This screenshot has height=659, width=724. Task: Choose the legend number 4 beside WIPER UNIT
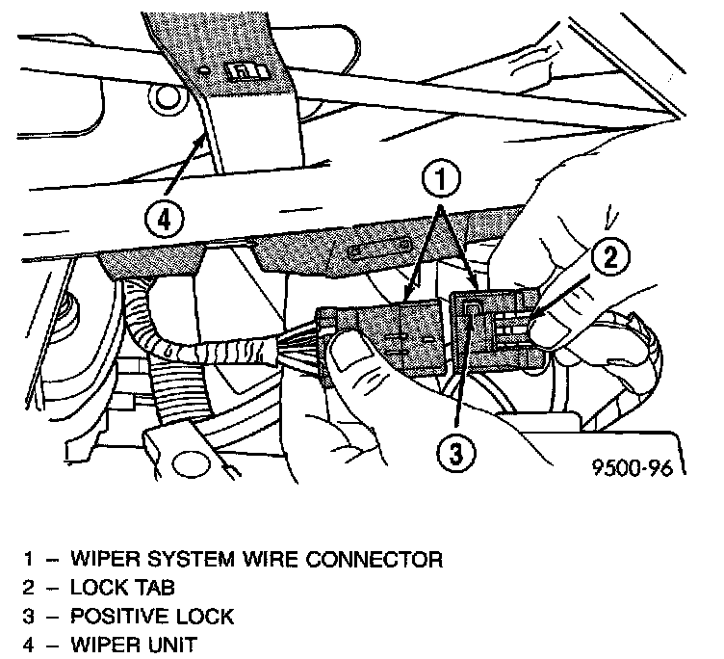point(29,643)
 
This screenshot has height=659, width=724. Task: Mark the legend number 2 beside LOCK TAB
point(29,587)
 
